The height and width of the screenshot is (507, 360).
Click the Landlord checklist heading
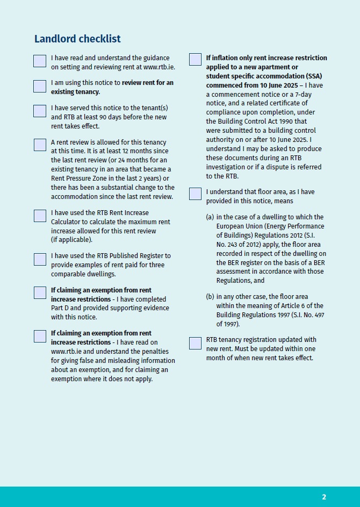coord(77,39)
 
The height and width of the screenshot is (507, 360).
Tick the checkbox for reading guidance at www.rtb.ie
coord(40,61)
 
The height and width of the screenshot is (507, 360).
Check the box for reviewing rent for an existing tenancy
coord(40,86)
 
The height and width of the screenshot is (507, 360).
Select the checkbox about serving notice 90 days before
coord(40,111)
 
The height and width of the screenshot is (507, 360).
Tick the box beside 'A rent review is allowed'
coord(40,145)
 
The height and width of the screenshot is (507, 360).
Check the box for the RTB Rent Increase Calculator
coord(40,216)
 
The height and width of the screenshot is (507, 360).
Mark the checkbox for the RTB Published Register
coord(40,259)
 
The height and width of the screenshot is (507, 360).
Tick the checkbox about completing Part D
coord(40,292)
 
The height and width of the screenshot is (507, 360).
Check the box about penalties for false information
coord(40,336)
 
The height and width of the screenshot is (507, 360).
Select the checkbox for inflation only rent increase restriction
coord(195,59)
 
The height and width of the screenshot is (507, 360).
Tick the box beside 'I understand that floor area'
coord(195,194)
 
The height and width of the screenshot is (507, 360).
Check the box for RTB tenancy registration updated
coord(195,342)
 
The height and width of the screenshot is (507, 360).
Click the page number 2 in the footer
coord(324,497)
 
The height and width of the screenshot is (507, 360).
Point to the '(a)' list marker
coord(210,217)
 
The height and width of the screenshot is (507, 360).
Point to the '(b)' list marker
coord(210,297)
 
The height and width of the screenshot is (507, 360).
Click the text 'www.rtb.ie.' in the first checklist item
coord(159,67)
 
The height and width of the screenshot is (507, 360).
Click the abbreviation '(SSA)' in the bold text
coord(312,76)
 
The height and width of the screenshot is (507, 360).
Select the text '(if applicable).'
coord(71,240)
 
